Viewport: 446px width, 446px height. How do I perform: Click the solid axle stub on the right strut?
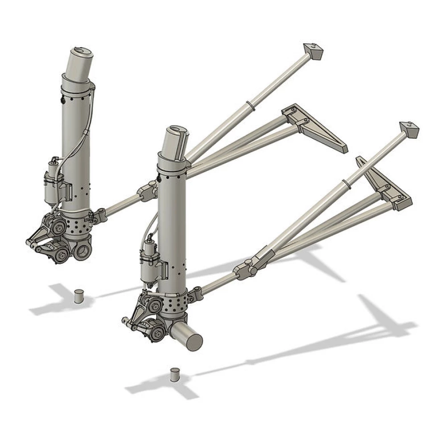(x=187, y=337)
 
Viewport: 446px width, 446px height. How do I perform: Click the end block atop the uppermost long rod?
(x=313, y=51)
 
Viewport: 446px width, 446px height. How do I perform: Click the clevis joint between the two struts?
(x=147, y=192)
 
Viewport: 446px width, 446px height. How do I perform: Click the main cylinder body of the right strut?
(x=172, y=223)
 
